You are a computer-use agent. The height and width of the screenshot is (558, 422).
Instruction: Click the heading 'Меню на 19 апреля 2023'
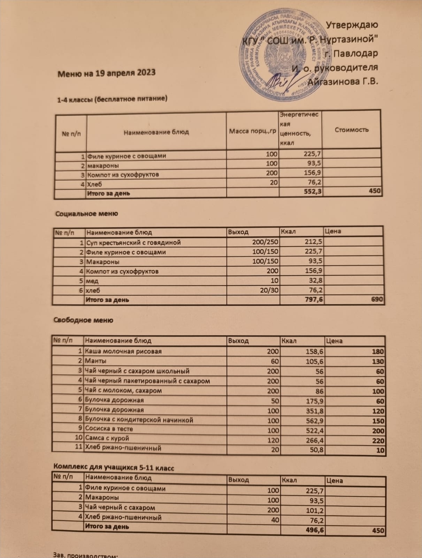106,73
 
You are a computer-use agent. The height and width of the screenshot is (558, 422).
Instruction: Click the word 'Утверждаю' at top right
352,25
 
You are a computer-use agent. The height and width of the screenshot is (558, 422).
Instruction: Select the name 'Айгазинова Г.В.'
343,82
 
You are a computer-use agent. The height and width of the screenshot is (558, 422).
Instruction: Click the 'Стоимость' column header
351,130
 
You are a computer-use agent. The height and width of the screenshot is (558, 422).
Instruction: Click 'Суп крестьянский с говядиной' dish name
133,242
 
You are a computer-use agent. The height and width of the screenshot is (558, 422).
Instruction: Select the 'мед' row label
92,281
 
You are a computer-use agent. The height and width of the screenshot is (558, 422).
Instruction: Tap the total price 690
377,300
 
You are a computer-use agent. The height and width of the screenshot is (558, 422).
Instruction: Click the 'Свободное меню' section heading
83,320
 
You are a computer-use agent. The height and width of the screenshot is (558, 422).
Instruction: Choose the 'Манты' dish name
96,361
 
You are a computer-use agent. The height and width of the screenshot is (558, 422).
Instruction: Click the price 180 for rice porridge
378,352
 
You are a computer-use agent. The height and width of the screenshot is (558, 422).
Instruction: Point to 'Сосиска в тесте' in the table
109,429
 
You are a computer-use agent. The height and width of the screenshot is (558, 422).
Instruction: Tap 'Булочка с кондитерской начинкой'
139,420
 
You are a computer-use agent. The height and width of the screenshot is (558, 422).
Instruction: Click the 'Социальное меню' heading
87,214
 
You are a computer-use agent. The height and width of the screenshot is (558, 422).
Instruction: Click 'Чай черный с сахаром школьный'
137,371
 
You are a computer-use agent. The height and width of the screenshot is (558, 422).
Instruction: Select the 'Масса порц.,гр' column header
252,131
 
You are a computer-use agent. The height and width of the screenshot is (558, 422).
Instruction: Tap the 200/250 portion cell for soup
265,242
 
